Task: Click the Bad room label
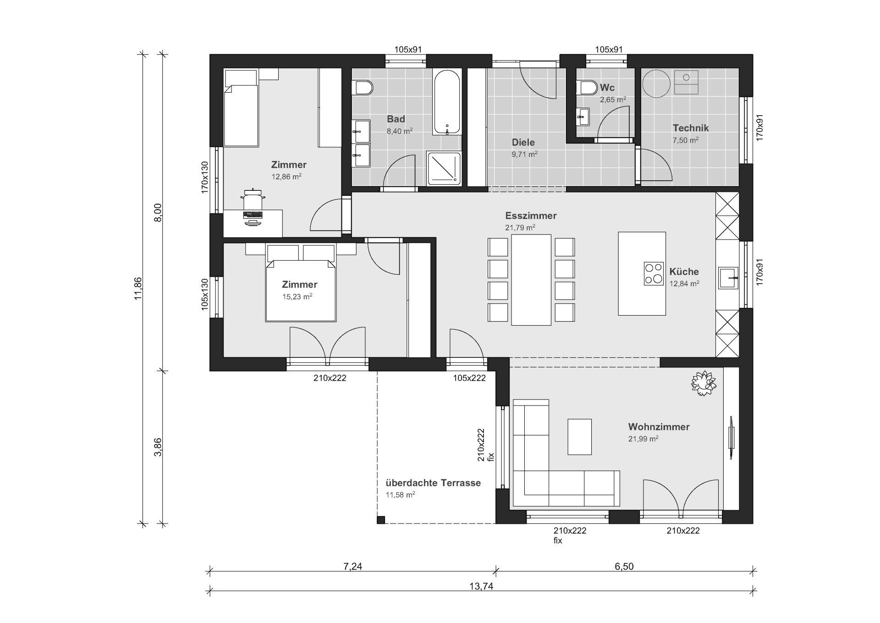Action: click(396, 119)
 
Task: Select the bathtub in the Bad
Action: click(447, 102)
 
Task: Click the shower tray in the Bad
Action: click(444, 169)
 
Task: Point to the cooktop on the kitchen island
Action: click(654, 273)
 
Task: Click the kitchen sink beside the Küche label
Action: click(728, 278)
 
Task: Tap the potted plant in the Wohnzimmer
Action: click(703, 383)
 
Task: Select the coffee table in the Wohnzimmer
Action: click(579, 436)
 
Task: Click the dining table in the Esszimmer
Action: click(531, 280)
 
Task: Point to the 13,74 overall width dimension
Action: click(481, 586)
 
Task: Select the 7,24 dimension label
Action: click(353, 566)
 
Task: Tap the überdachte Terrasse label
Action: click(433, 483)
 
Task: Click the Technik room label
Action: click(691, 128)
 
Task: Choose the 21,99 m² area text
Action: click(643, 439)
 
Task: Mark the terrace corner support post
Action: click(380, 520)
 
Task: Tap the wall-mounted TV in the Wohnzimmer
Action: click(731, 437)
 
